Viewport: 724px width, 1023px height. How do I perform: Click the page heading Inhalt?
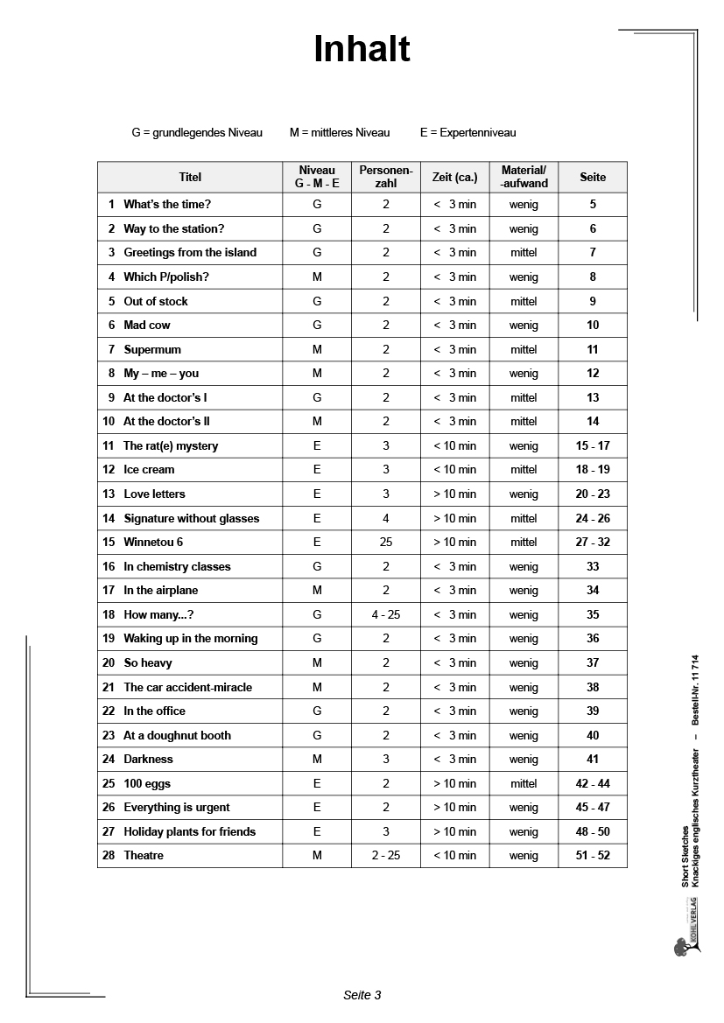362,50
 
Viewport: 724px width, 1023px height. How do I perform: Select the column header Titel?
190,177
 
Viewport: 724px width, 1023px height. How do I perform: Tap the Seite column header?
593,177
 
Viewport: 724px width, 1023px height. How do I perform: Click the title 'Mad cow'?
147,325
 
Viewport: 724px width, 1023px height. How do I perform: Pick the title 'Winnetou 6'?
153,542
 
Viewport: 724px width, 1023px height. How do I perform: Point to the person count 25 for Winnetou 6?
386,542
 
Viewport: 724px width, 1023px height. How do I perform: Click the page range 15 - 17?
593,445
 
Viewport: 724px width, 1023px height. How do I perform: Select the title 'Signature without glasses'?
192,518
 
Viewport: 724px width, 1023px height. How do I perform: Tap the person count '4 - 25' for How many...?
386,614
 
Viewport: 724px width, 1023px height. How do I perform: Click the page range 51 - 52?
593,855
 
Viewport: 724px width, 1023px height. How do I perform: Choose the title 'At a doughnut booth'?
177,735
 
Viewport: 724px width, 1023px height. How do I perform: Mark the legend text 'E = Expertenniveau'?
467,133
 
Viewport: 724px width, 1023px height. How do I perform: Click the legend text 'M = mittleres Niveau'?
340,133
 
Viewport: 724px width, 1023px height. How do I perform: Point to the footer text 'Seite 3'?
362,995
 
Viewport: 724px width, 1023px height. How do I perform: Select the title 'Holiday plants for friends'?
190,831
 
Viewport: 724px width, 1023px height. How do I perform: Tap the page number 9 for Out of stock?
593,301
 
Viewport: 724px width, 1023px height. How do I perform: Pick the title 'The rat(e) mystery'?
171,445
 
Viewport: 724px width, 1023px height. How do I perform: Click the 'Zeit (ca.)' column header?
455,177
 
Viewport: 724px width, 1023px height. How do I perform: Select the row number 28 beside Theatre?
109,855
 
